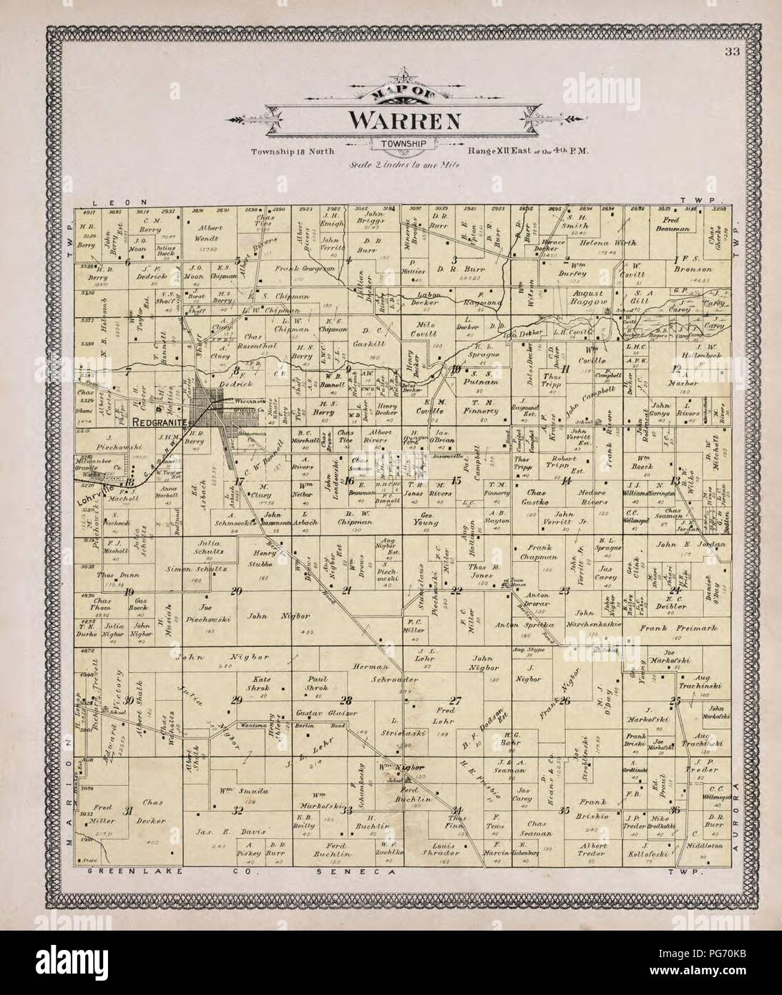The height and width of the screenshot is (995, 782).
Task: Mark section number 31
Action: pyautogui.click(x=128, y=810)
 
